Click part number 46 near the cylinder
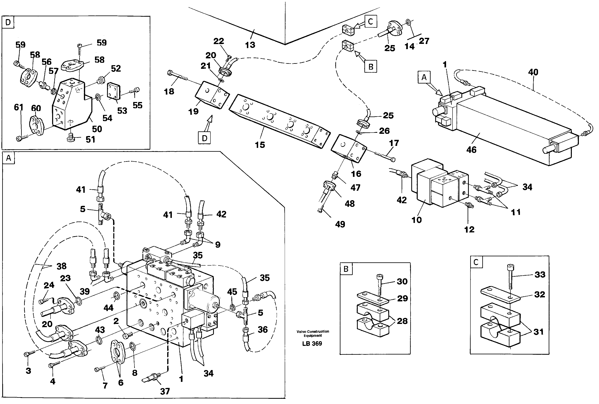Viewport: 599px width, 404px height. pos(471,150)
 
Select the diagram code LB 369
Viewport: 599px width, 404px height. pos(312,343)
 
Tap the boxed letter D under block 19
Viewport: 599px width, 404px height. pos(204,138)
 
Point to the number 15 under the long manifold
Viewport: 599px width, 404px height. pos(260,145)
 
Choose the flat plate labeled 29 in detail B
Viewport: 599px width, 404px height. pos(373,298)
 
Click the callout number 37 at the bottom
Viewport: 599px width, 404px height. pos(165,391)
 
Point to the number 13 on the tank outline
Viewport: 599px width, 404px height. pos(250,45)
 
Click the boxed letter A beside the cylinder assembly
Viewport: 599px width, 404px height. pos(424,77)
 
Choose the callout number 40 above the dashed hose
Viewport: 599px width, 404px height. pos(533,72)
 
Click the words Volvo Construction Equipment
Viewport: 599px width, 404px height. pos(312,333)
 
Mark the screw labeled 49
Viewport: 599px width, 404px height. pos(320,210)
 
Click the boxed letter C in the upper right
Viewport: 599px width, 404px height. pos(370,21)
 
